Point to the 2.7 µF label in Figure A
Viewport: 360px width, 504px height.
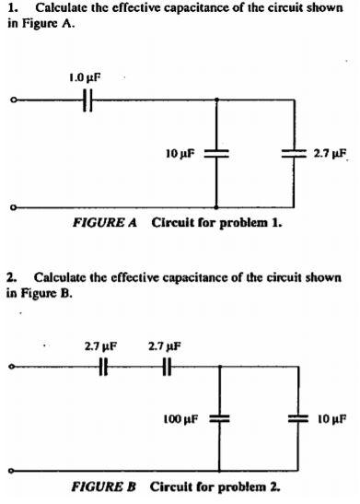[x=329, y=152]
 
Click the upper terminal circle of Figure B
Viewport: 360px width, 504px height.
[x=11, y=366]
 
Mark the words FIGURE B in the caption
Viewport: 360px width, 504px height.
[x=107, y=486]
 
